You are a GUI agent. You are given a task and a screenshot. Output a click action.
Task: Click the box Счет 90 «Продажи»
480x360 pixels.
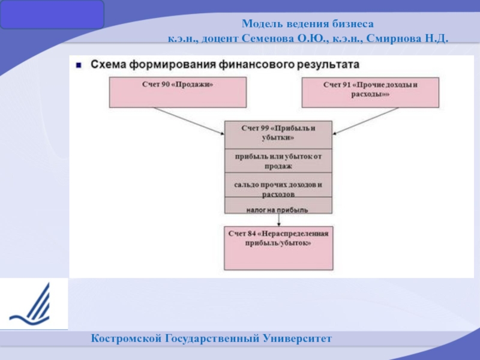coord(178,92)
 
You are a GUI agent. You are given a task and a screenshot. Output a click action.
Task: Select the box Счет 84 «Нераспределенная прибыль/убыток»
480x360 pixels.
coord(278,247)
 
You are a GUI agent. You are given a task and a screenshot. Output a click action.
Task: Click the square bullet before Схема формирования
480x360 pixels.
coord(79,64)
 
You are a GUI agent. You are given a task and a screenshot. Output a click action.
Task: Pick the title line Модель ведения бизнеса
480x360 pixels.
coord(307,25)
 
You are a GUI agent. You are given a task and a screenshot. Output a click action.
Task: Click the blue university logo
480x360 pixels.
coord(32,304)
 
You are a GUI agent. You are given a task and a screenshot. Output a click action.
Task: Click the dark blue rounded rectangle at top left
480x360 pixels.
coord(52,15)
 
